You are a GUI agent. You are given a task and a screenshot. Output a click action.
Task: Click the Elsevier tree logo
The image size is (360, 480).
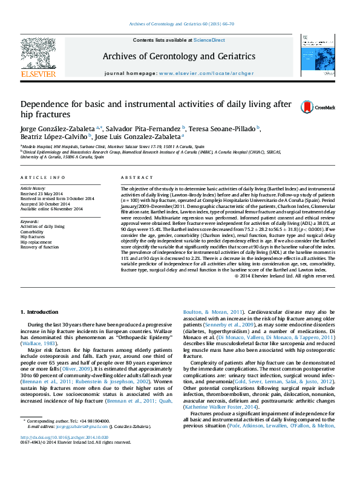38,57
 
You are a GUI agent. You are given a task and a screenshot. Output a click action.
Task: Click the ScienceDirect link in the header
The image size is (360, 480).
209,40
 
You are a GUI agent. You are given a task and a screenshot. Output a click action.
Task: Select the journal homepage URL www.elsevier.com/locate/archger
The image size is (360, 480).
205,72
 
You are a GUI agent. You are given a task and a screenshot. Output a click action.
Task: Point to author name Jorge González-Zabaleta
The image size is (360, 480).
59,129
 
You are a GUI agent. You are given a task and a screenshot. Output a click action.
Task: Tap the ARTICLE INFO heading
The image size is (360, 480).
43,178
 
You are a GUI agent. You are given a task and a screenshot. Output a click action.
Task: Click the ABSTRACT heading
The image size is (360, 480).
133,178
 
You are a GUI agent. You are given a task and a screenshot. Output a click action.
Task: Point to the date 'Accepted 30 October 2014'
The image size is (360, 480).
45,204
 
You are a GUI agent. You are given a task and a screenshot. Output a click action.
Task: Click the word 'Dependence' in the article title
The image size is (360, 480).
46,103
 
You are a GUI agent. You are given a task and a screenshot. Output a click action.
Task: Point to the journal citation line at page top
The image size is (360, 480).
180,24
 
